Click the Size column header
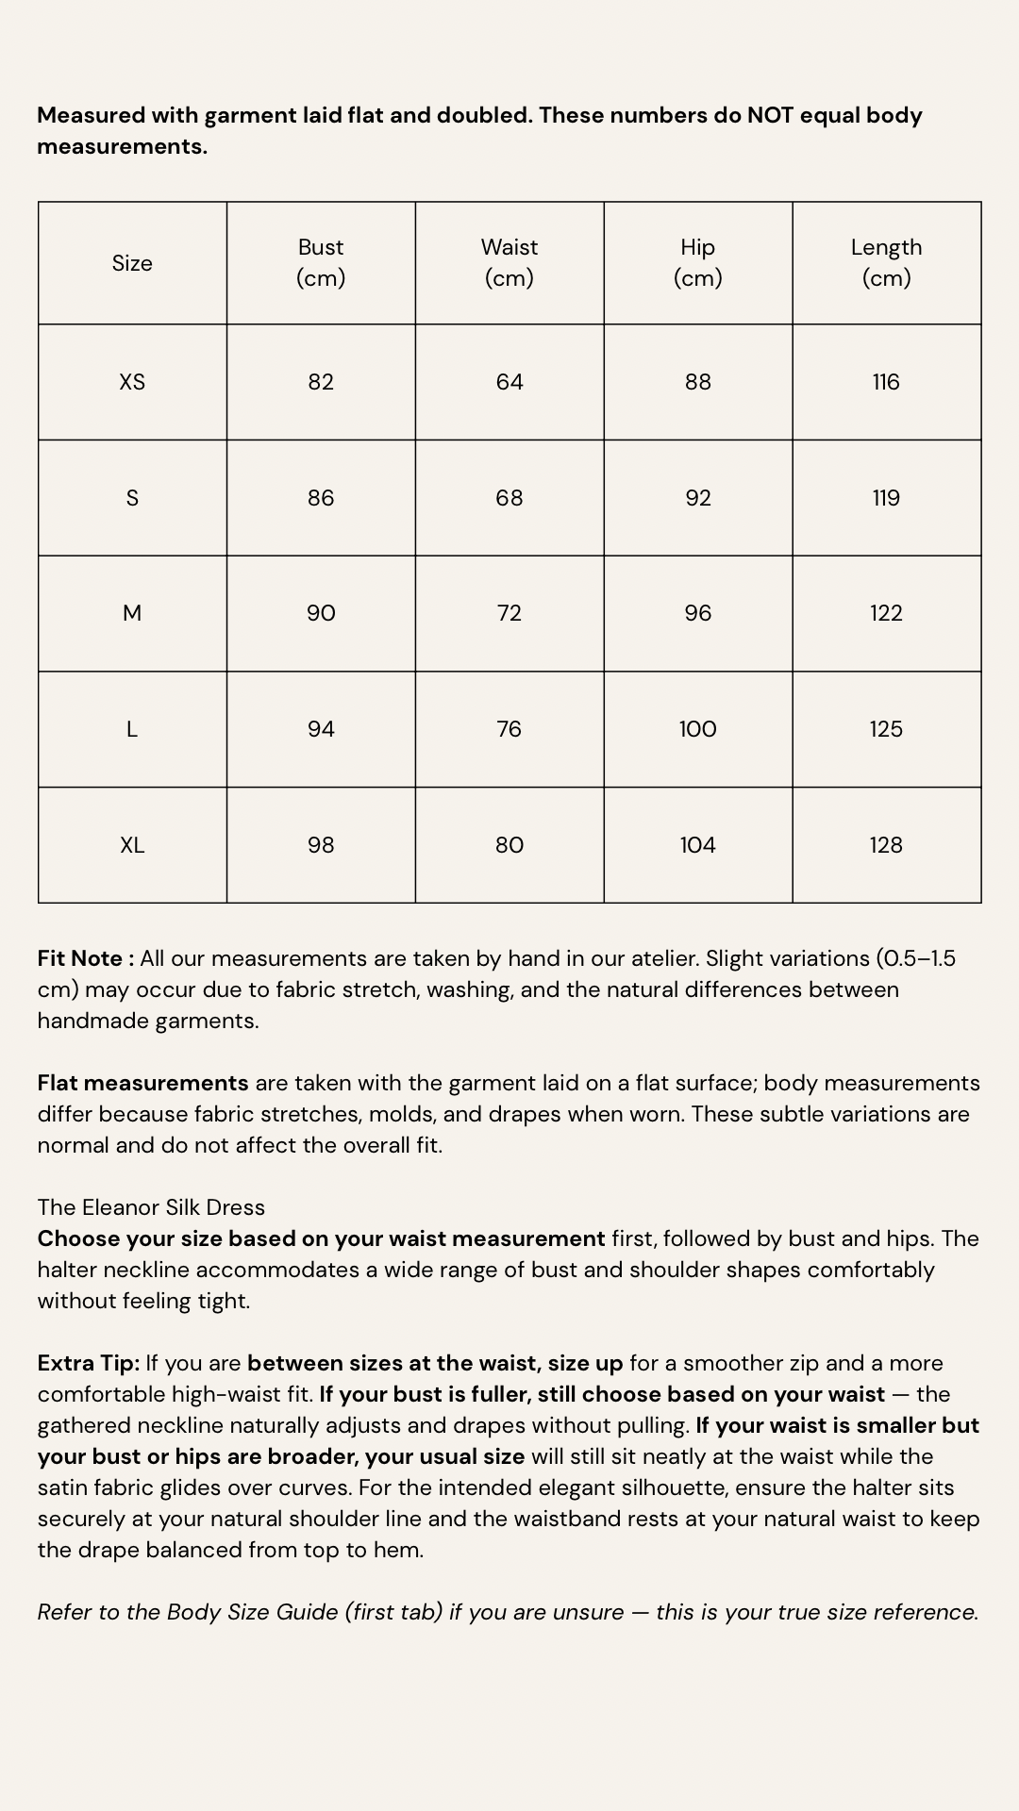click(132, 263)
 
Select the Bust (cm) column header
click(321, 262)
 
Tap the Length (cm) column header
click(886, 262)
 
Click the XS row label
click(132, 382)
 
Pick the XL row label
click(132, 845)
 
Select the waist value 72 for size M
click(509, 613)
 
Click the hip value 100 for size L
click(698, 729)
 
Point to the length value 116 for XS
click(886, 382)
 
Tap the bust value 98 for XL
click(321, 845)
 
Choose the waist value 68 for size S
click(509, 498)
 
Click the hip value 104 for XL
click(698, 845)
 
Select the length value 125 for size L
click(886, 729)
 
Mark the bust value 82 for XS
click(321, 382)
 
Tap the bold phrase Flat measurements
click(142, 1083)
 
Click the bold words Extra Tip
click(88, 1363)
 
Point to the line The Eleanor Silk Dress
click(151, 1207)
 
